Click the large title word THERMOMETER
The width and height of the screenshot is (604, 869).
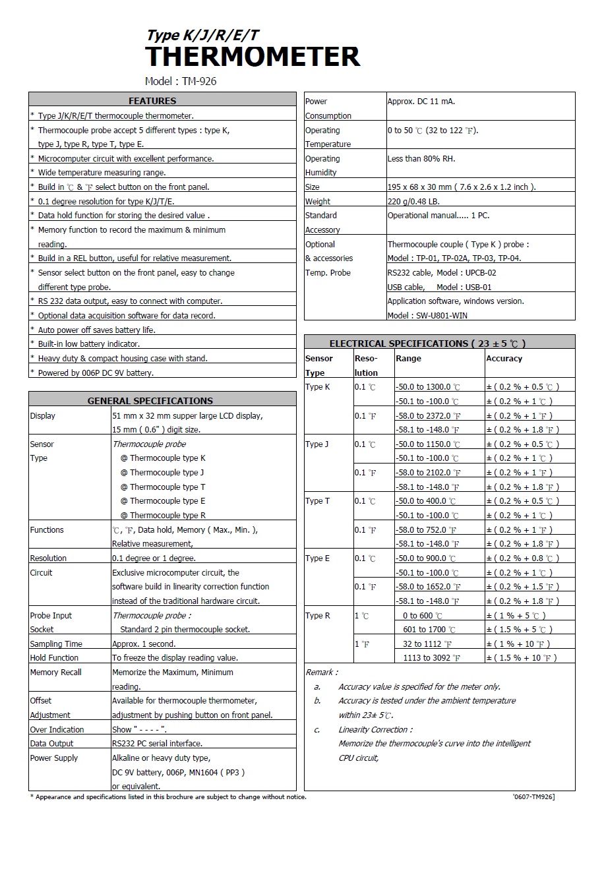coord(253,57)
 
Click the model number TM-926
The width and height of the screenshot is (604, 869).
coord(199,81)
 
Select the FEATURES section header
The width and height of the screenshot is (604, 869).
coord(152,101)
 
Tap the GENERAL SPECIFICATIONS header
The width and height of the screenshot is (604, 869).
coord(150,401)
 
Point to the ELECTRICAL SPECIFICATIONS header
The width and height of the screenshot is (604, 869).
coord(427,344)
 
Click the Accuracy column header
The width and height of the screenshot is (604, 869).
coord(504,359)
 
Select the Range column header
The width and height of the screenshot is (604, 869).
coord(408,359)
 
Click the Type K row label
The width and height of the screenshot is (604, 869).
coord(318,387)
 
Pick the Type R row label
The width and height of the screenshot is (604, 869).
coord(318,616)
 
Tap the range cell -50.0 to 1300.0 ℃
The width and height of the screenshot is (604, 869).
coord(428,387)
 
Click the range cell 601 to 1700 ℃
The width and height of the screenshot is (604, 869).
coord(429,630)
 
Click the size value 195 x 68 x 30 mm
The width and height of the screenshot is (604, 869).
coord(462,187)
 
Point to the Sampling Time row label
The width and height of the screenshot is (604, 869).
coord(56,644)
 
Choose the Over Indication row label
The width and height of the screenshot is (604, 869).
coord(57,730)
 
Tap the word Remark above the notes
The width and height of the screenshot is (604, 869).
coord(321,673)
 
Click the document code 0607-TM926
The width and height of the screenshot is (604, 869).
coord(533,797)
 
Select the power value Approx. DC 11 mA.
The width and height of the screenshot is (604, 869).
coord(421,102)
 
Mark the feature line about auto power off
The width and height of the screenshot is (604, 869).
coord(97,330)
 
